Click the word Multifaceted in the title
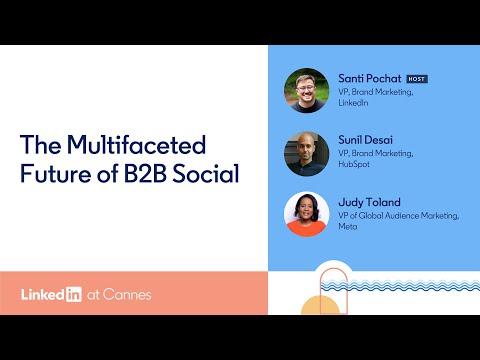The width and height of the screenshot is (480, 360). pos(136,145)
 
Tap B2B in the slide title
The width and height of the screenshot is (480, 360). pos(145,173)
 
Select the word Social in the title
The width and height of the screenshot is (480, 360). pos(206,173)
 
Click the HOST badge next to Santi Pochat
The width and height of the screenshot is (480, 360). pos(417,79)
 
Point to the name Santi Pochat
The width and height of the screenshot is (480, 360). pos(370,79)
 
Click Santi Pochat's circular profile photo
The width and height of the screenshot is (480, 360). pos(306,90)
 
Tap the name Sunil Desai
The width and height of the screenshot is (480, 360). pos(365,140)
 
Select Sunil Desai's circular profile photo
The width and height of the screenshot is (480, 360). pos(306,153)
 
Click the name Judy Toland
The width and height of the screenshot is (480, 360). pos(369,202)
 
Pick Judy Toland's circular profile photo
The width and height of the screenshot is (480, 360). pos(306,214)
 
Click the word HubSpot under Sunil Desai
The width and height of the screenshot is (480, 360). pos(354,164)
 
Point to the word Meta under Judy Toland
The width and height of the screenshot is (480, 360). pos(348,226)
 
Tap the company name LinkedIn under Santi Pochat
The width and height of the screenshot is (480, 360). pos(353,103)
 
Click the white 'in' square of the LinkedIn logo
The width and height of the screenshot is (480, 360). pos(74,294)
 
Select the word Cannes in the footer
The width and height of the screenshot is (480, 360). pos(127,295)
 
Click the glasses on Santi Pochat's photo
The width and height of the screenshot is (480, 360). pos(305,89)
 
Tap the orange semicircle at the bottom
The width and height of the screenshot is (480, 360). pos(320,306)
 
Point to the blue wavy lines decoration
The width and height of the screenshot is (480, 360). pos(400,286)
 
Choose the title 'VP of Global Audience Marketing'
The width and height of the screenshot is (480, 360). pos(399,216)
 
